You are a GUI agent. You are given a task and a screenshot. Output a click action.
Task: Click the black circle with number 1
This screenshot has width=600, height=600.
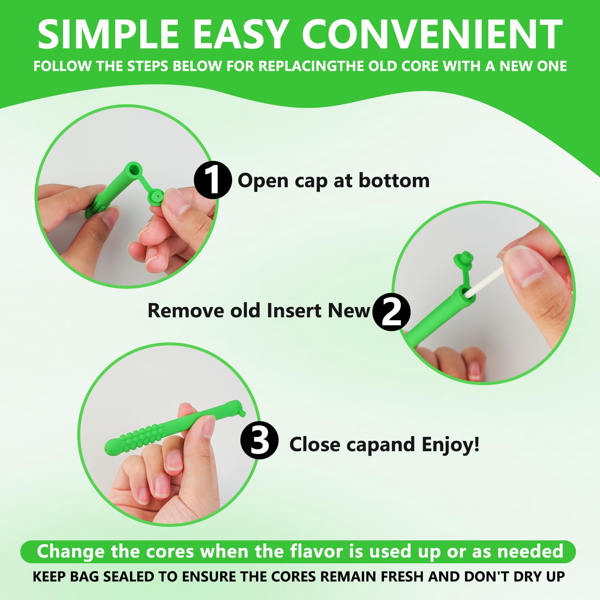(213, 180)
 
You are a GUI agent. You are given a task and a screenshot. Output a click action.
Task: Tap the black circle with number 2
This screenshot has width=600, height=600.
(391, 312)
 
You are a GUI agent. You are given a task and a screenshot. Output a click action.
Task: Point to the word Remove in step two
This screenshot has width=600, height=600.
(186, 310)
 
